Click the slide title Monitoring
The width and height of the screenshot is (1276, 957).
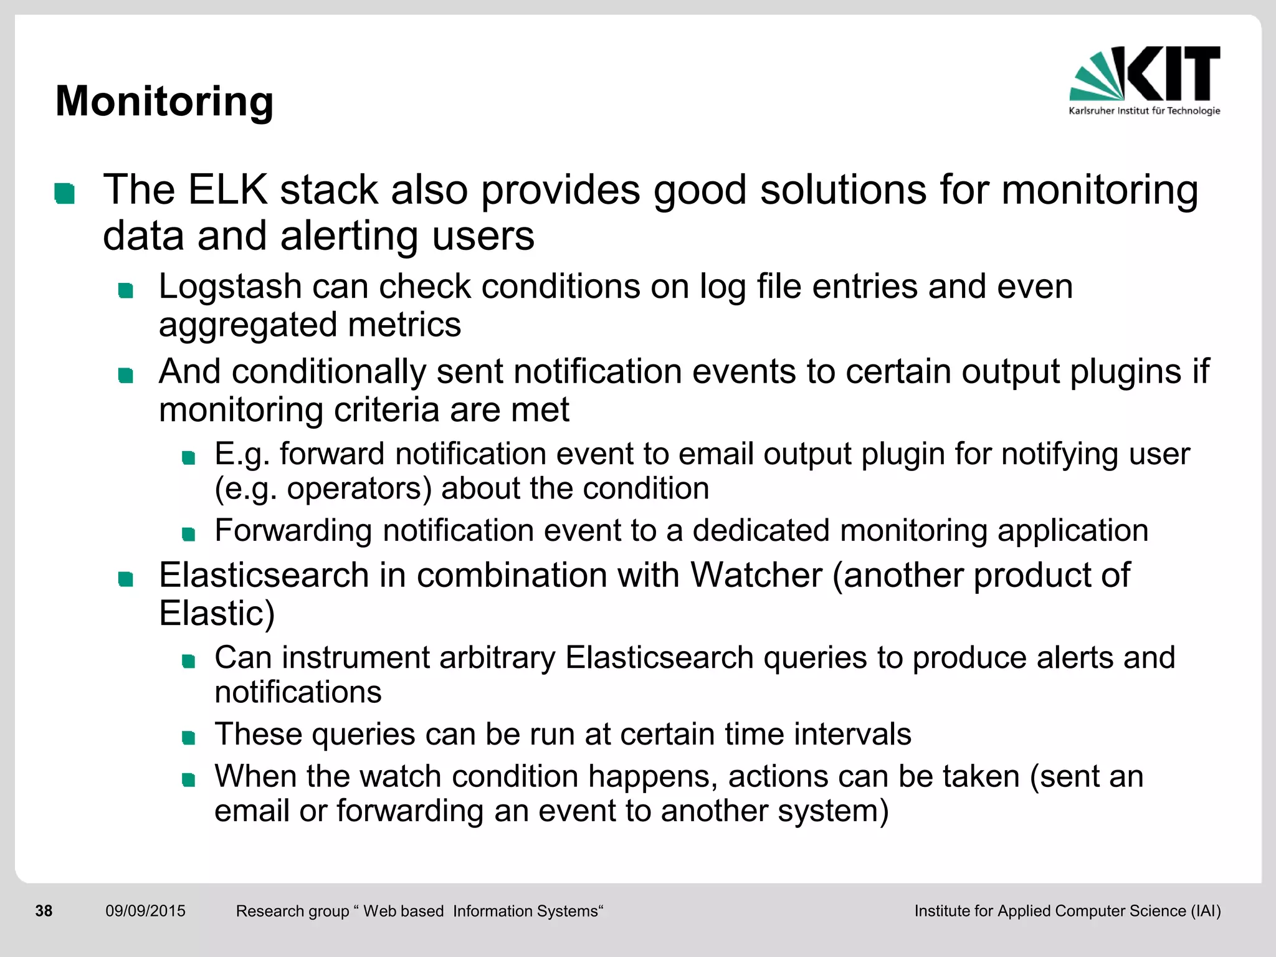point(164,101)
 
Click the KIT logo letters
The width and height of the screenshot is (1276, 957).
point(1173,74)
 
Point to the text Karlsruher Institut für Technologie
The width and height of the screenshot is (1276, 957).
point(1144,111)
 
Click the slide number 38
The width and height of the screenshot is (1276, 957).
point(44,911)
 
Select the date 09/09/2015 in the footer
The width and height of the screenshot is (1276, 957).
point(145,911)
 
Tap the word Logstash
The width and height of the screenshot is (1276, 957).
point(230,287)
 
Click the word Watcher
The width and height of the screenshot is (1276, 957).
point(756,574)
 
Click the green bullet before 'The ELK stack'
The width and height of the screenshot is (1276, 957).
point(65,193)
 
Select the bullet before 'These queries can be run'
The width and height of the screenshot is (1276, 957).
point(188,738)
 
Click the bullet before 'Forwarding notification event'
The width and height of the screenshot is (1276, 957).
point(188,535)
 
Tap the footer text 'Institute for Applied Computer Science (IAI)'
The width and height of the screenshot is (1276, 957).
point(1067,911)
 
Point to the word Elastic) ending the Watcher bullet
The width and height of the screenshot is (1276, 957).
point(217,613)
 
